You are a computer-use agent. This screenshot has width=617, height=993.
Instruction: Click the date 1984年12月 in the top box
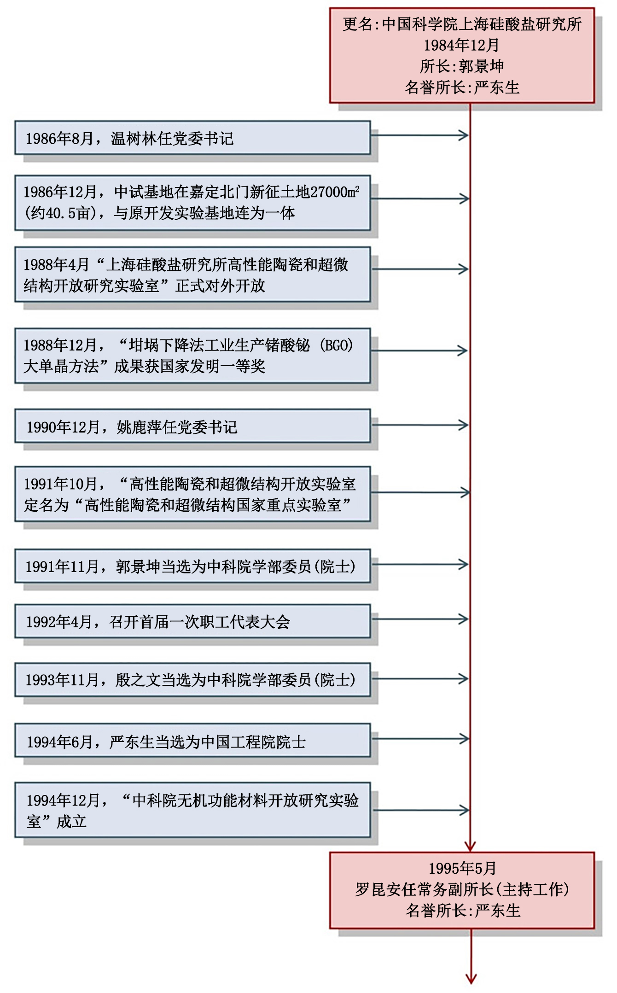coord(461,45)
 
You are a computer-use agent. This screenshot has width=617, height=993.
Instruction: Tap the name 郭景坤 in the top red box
coord(481,66)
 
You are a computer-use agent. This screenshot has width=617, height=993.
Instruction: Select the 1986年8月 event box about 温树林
coord(192,138)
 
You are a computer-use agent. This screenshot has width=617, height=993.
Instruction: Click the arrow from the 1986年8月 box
coord(419,135)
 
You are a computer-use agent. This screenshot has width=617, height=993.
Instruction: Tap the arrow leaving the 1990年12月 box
coord(419,425)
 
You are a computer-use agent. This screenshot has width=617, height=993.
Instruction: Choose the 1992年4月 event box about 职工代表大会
coord(192,621)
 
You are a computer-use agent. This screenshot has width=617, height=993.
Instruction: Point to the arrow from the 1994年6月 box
coord(419,739)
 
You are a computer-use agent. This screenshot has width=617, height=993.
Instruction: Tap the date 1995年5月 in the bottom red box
coord(462,869)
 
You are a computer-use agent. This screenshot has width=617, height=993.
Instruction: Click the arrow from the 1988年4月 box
coord(419,269)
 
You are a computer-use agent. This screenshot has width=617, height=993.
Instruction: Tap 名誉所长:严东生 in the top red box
coord(462,88)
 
